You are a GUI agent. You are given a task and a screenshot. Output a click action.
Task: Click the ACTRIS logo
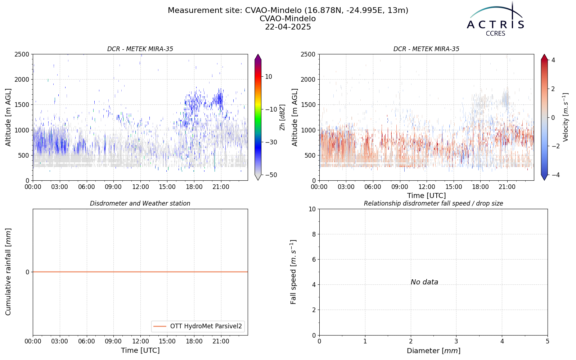coord(495,19)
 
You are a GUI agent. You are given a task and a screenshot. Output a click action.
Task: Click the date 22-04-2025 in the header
coord(288,27)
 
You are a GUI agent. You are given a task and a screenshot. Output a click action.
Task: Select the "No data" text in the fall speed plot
coord(424,282)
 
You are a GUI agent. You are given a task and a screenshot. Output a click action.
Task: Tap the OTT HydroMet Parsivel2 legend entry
coord(198,326)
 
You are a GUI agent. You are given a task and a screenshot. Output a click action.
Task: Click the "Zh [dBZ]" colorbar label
coord(282,117)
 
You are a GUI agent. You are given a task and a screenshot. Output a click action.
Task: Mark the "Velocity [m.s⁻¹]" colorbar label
coord(565,117)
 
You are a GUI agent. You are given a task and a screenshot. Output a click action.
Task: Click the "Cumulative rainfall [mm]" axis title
coord(8,272)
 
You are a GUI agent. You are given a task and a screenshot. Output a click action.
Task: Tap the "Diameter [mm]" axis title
coord(433,351)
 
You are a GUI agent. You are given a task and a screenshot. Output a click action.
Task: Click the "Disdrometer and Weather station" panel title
coord(140,203)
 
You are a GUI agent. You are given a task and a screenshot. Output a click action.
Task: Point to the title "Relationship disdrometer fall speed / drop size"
coord(433,203)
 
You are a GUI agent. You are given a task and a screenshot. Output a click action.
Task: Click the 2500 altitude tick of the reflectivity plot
coord(22,54)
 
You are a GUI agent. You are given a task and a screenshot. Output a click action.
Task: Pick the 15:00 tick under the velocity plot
coord(454,187)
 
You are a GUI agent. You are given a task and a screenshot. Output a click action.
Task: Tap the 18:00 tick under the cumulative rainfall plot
coord(194,342)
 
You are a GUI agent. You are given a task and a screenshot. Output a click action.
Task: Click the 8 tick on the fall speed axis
coord(314,234)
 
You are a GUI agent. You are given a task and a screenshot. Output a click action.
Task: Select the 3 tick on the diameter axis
coord(456,342)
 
